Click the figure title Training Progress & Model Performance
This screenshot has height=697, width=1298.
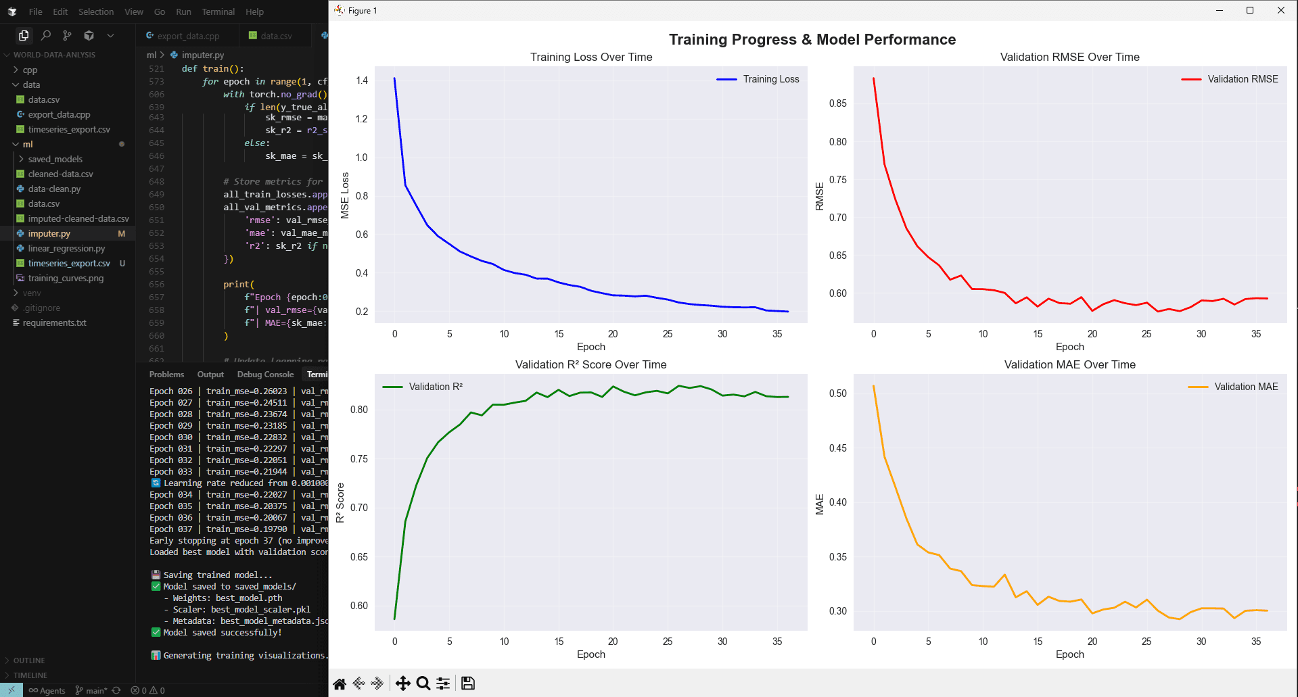point(812,40)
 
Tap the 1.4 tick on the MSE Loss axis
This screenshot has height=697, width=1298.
point(362,80)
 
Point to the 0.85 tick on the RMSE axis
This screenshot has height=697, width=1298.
point(837,103)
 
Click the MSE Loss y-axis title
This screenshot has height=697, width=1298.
point(345,195)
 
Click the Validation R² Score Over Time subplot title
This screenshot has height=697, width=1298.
point(590,365)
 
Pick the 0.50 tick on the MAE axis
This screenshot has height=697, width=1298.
point(837,393)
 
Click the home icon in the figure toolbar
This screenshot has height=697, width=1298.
point(340,683)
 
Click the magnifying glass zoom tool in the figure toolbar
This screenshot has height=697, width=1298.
point(423,683)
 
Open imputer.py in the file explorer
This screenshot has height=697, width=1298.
point(49,233)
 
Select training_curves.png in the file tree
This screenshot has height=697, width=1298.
point(66,278)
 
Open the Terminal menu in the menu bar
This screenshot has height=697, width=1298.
point(218,11)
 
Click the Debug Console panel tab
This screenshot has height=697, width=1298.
point(265,375)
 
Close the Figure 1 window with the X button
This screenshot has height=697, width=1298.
point(1280,10)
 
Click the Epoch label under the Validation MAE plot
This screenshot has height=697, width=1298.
point(1069,654)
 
